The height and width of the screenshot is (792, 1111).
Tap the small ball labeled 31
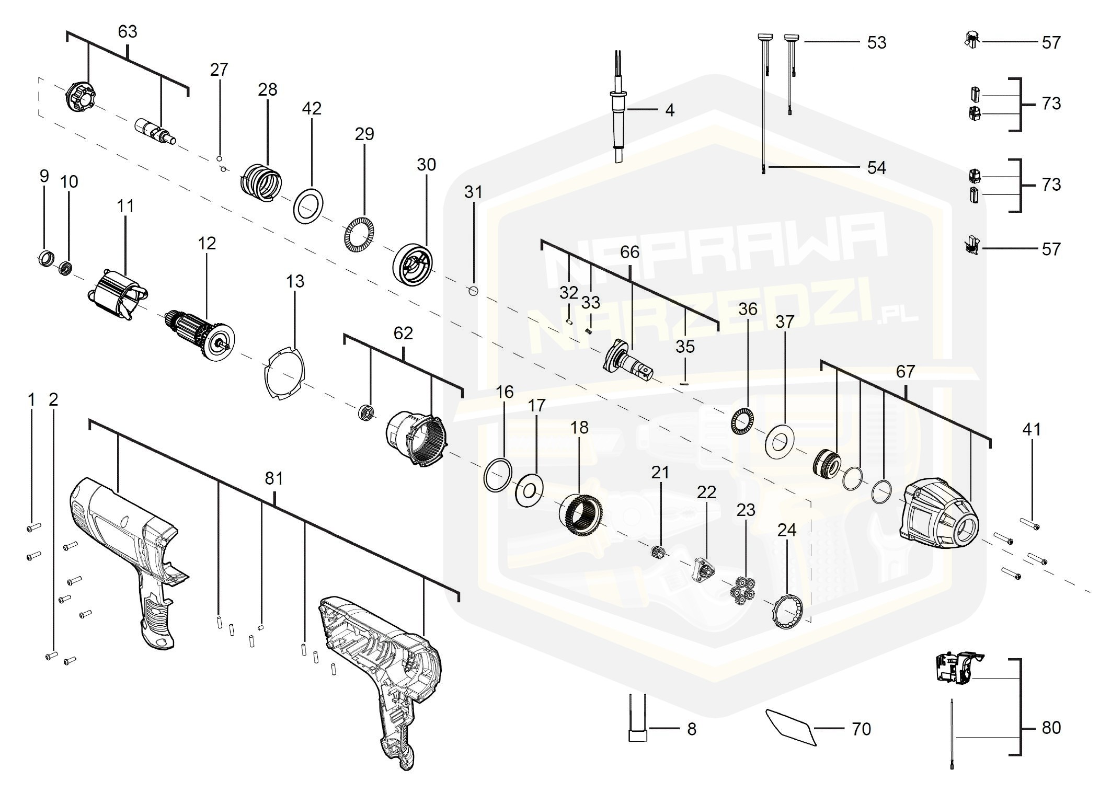tap(474, 291)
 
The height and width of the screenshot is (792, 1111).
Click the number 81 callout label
tap(274, 478)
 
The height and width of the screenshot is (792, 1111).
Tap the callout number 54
tap(876, 168)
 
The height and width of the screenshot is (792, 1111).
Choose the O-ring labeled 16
tap(497, 475)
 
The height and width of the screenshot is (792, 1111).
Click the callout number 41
tap(1031, 430)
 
